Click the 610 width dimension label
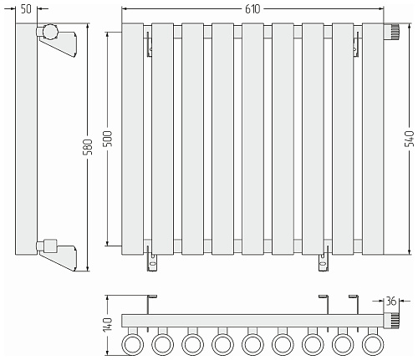(x=252, y=9)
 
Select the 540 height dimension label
(x=410, y=139)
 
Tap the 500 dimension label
(x=108, y=139)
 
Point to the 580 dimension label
(x=88, y=147)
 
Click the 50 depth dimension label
(x=26, y=9)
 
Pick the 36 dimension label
(x=390, y=301)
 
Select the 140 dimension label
(x=108, y=324)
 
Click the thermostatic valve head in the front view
(x=391, y=32)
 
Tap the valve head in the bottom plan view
(x=391, y=321)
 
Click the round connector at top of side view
(x=50, y=31)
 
